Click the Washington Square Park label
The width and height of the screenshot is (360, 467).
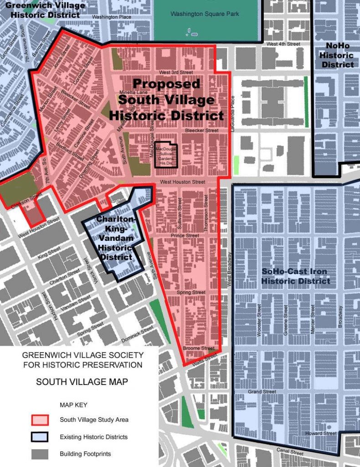(x=205, y=14)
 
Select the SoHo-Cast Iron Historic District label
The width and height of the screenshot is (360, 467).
(x=295, y=276)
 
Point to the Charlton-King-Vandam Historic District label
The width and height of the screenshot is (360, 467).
(x=115, y=238)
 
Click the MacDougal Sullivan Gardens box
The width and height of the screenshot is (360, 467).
(x=165, y=156)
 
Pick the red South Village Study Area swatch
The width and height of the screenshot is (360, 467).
(x=40, y=420)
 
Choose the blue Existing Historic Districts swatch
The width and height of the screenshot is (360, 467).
(x=40, y=437)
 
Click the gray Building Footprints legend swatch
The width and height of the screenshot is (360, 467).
(x=40, y=454)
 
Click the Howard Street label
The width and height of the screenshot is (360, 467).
(x=321, y=433)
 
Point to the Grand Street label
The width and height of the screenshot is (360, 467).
(x=262, y=392)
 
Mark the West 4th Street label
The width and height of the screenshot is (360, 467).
(x=283, y=44)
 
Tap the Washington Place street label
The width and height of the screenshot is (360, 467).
(x=112, y=17)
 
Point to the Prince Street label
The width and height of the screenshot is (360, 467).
(x=185, y=236)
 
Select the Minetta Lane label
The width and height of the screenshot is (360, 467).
(x=132, y=92)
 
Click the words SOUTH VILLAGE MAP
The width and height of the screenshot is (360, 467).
(x=82, y=382)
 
